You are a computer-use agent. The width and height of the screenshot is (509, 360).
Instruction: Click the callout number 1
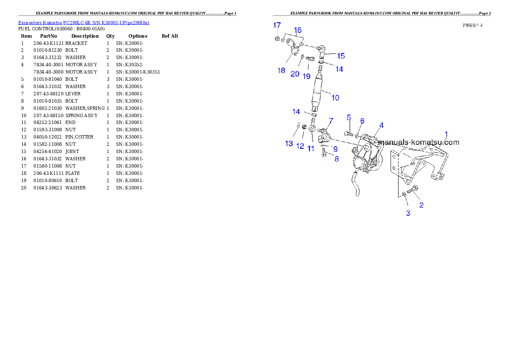[446, 134]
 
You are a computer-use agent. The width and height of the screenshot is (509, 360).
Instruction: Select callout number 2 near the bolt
[421, 205]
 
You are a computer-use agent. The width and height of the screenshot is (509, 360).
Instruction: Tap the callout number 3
[408, 213]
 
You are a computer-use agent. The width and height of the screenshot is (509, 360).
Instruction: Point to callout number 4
[381, 125]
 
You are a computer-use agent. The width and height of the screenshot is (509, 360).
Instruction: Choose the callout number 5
[349, 117]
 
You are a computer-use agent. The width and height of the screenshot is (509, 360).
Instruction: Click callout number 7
[331, 121]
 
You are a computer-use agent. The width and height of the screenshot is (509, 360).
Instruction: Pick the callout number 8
[337, 159]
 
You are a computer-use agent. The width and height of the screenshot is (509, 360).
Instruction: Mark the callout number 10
[335, 97]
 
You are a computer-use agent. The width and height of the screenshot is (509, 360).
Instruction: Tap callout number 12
[300, 146]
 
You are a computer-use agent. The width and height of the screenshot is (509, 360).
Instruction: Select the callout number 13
[289, 144]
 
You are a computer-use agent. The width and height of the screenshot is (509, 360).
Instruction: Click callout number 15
[340, 56]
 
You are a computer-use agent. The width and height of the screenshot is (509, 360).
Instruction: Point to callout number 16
[298, 30]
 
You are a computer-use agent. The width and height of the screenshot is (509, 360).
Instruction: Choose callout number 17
[277, 25]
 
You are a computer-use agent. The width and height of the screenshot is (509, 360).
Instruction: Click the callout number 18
[281, 71]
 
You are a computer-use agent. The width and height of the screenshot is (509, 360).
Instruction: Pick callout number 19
[307, 76]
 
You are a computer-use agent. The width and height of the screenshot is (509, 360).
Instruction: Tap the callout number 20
[295, 74]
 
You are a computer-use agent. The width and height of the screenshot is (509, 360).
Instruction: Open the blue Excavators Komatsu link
[83, 22]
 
